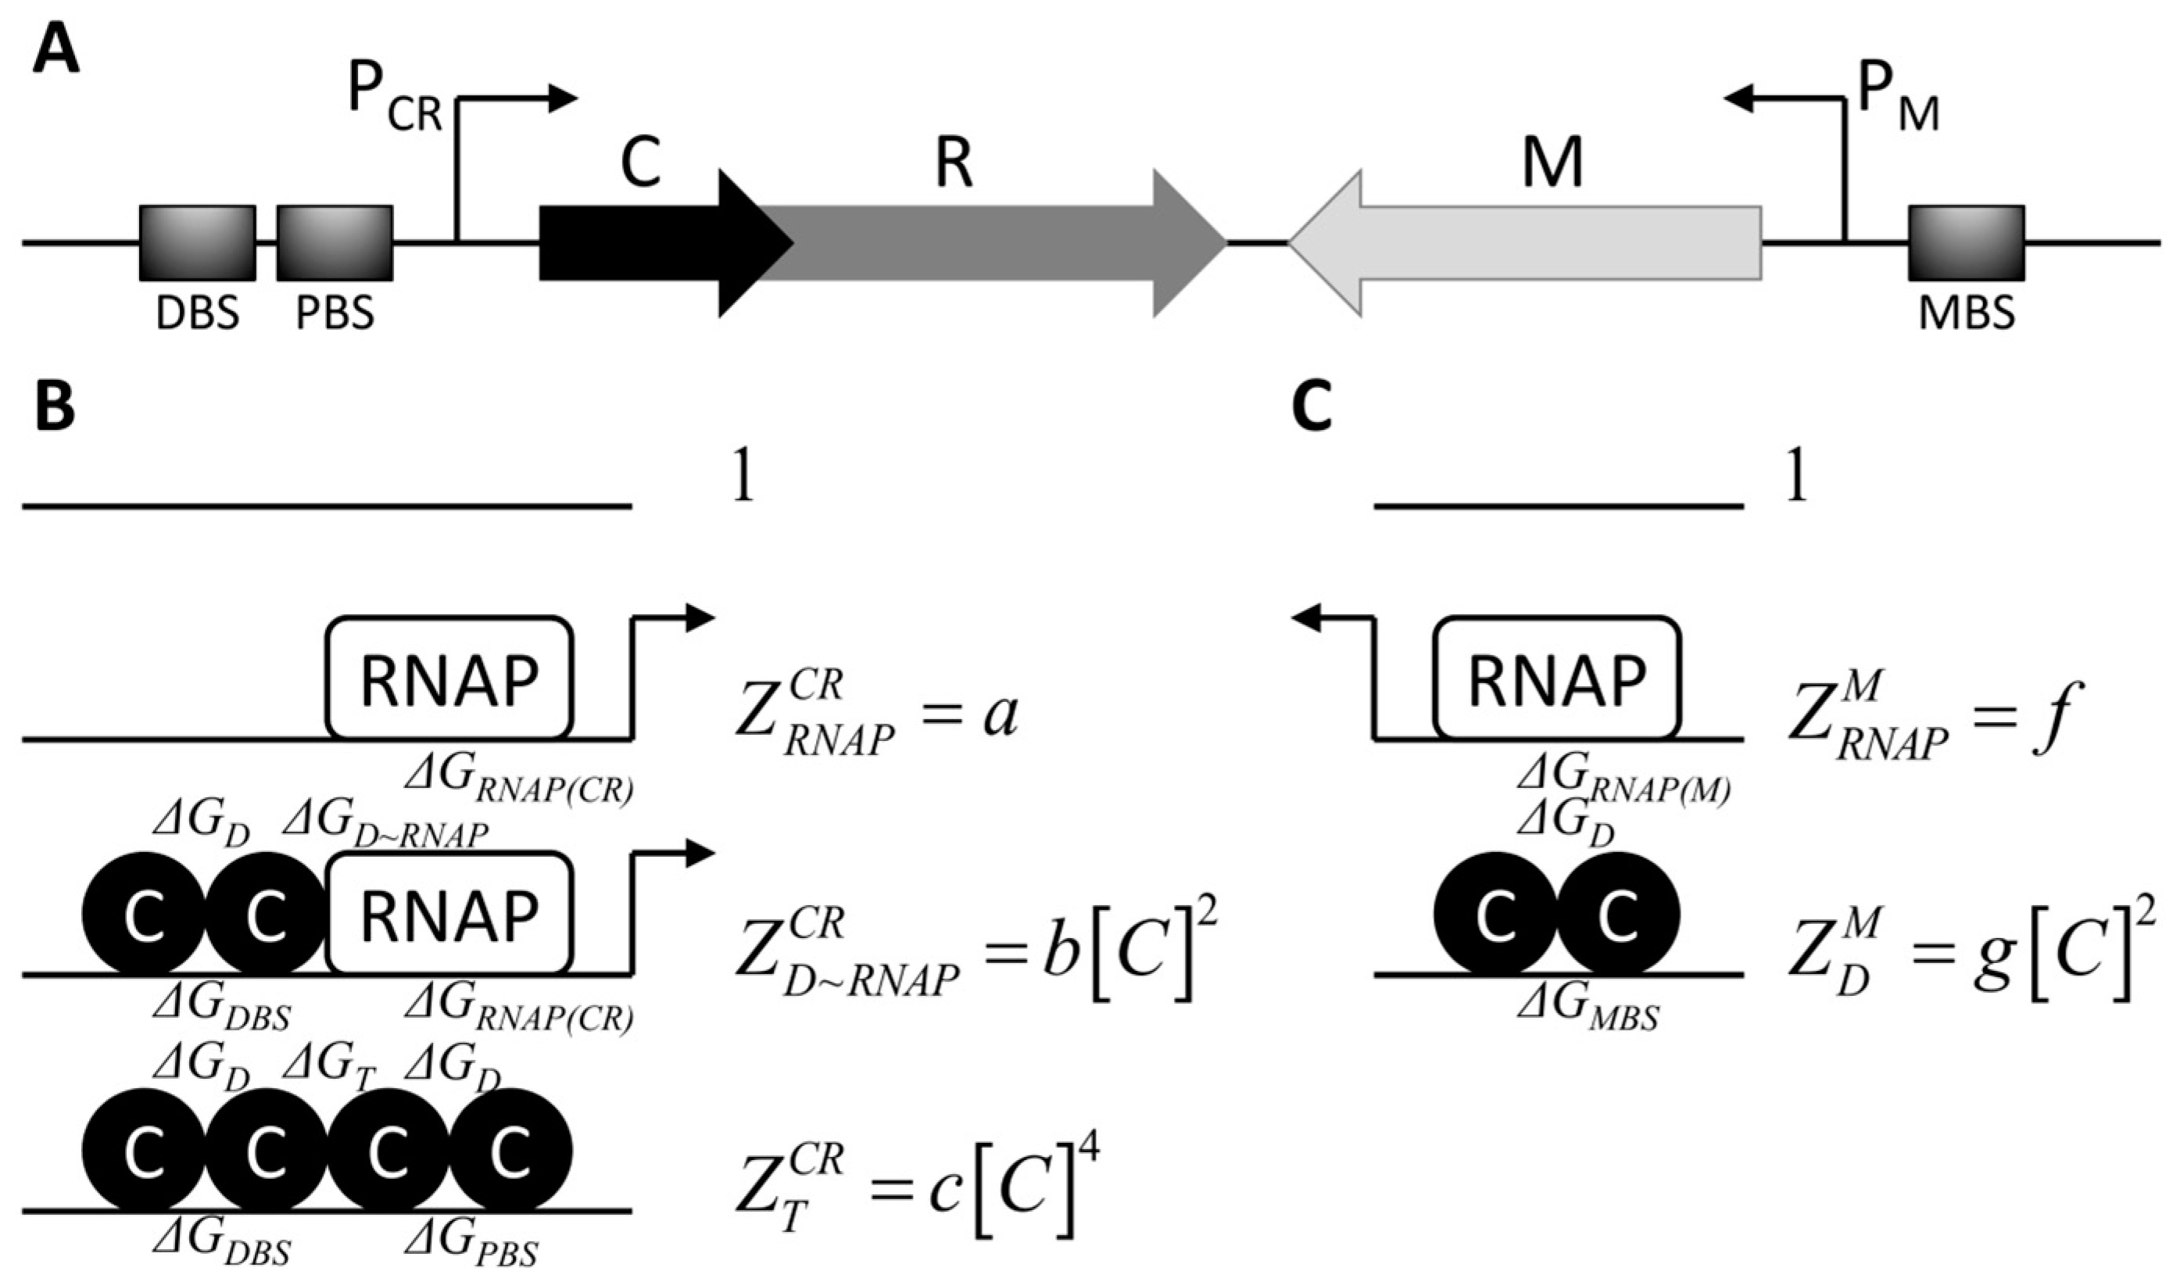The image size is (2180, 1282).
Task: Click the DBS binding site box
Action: click(x=197, y=243)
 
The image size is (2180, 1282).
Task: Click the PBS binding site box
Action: click(x=335, y=243)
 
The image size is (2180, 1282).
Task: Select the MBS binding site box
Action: click(x=1967, y=243)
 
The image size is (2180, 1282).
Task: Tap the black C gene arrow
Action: click(x=649, y=243)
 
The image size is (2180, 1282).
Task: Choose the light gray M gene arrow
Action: click(x=1540, y=243)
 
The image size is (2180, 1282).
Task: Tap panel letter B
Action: click(x=55, y=406)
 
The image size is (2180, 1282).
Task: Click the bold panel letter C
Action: click(x=1312, y=406)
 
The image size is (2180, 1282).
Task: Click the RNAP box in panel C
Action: click(x=1557, y=679)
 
